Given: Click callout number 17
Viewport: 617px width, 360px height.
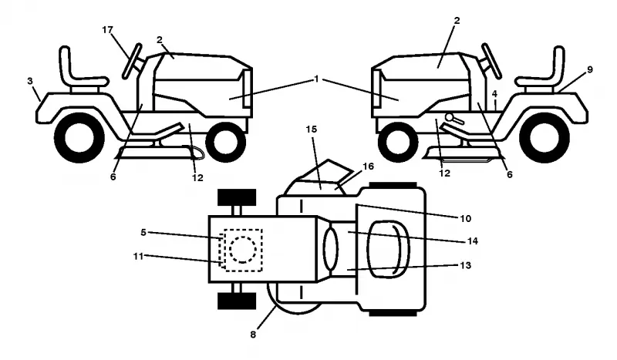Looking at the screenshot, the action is [x=107, y=30].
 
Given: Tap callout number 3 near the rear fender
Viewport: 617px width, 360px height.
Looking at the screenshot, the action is [x=30, y=81].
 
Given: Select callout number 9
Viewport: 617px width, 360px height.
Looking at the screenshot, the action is [x=589, y=69].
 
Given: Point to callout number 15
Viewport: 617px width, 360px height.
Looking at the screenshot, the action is [x=312, y=129].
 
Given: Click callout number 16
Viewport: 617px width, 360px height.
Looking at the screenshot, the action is [x=368, y=167].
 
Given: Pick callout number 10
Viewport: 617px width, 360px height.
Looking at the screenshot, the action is [x=466, y=218].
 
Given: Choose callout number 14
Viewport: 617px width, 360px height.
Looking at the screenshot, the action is [x=472, y=241].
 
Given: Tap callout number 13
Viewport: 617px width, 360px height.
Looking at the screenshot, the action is [x=466, y=265].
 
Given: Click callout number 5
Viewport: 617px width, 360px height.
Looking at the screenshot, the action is [x=143, y=233].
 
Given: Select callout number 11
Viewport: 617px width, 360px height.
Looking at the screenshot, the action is [x=138, y=257].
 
